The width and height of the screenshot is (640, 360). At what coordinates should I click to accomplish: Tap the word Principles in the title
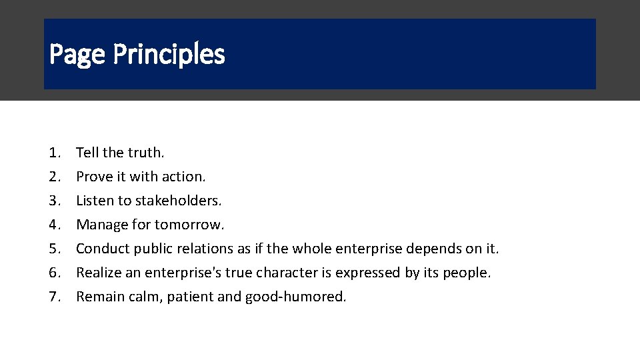pos(169,55)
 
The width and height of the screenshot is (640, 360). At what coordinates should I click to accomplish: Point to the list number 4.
pos(55,225)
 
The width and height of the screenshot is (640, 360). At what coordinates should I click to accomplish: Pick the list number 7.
pos(55,297)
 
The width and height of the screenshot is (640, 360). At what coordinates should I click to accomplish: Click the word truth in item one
pos(146,153)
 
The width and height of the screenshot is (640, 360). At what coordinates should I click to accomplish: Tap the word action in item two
pos(183,177)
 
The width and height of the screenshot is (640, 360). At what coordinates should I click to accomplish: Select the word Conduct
pos(103,249)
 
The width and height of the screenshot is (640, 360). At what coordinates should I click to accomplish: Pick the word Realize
pos(99,273)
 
